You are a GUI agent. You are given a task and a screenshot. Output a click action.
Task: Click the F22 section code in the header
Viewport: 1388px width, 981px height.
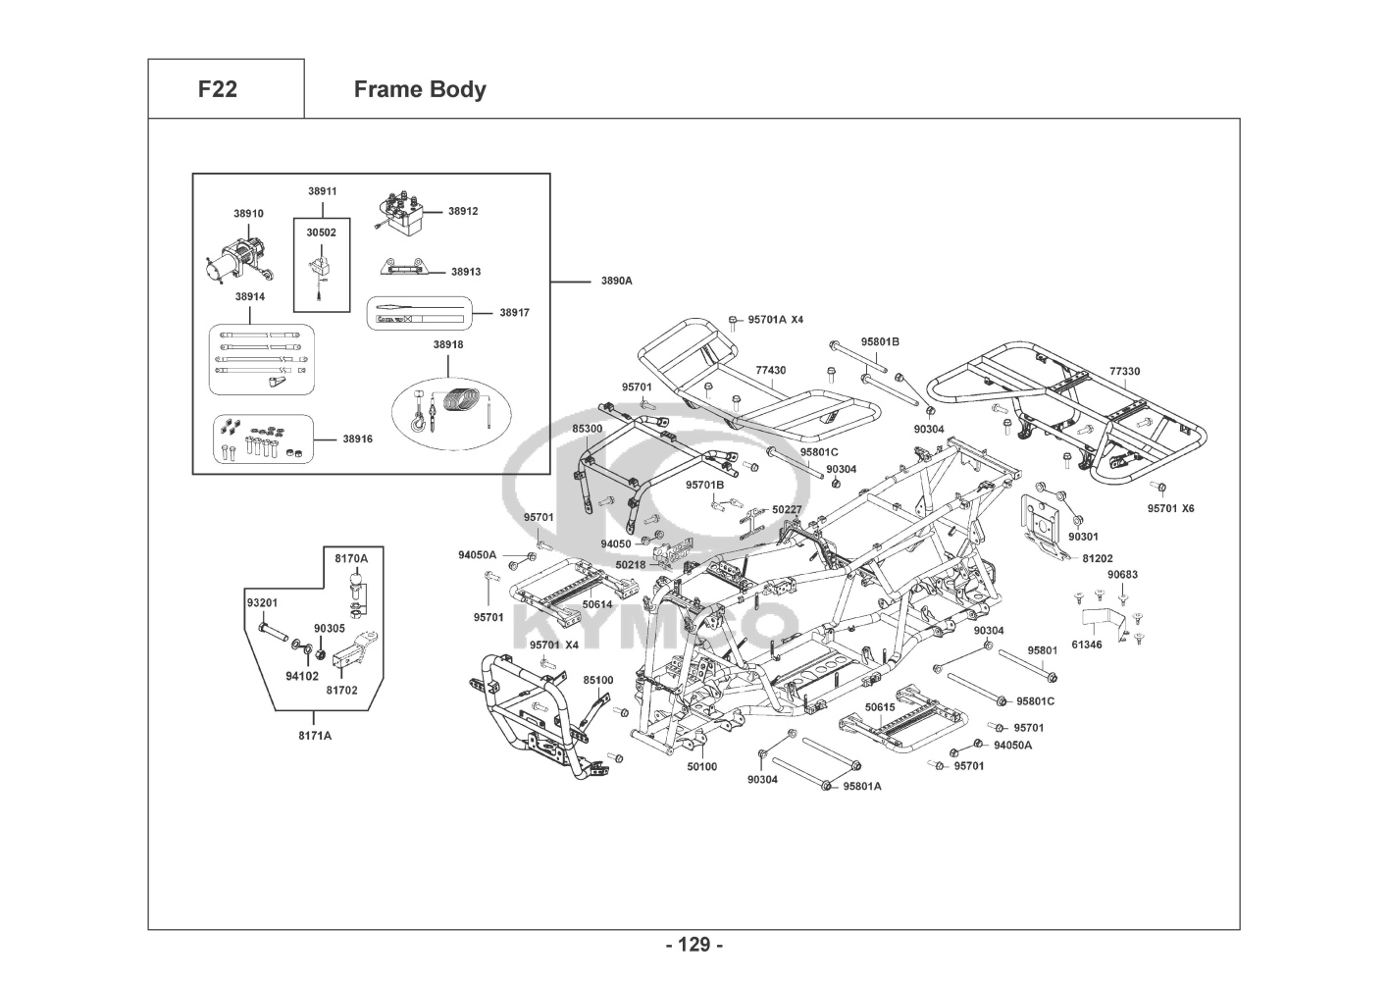click(x=217, y=89)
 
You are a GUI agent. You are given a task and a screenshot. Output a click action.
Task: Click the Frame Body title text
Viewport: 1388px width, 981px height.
click(x=419, y=89)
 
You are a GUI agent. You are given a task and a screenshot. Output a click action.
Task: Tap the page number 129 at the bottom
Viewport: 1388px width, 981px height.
click(x=694, y=945)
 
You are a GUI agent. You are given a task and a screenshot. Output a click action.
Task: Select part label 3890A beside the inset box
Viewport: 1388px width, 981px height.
click(x=617, y=281)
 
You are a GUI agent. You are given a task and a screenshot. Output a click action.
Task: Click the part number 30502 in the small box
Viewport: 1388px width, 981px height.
click(x=321, y=232)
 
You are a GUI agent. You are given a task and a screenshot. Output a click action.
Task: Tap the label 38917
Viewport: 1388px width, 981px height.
click(x=514, y=313)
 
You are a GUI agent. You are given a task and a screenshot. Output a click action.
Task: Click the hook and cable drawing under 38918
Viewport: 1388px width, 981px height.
click(x=447, y=408)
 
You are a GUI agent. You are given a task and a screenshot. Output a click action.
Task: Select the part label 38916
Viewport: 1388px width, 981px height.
click(x=358, y=439)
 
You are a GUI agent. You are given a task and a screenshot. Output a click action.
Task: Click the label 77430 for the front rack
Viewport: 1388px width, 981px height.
click(x=770, y=371)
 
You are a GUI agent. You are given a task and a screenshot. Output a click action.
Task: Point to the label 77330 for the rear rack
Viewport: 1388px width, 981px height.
click(x=1124, y=372)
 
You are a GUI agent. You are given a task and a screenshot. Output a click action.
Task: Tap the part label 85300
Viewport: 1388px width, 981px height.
click(x=588, y=429)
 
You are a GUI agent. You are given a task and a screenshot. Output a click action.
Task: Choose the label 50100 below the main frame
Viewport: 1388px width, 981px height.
click(x=701, y=767)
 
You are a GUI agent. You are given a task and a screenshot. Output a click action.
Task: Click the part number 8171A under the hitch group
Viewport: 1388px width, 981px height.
click(x=315, y=735)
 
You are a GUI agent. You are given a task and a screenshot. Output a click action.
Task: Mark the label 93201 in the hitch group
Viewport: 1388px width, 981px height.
click(x=262, y=602)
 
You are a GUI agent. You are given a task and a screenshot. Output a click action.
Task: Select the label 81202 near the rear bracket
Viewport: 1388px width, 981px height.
click(x=1098, y=558)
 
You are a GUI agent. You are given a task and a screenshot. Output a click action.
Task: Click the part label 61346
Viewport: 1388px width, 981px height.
click(x=1086, y=645)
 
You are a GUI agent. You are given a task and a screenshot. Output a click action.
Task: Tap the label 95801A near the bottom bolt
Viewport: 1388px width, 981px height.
click(x=862, y=786)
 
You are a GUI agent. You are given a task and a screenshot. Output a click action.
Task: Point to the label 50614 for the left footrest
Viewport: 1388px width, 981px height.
click(x=597, y=604)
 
